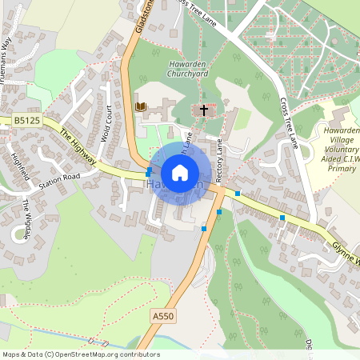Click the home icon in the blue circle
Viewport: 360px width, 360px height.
[180, 173]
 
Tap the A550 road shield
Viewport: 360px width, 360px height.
[162, 317]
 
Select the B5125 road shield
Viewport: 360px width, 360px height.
[26, 120]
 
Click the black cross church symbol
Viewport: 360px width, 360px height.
[204, 110]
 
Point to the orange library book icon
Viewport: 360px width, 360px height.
[142, 106]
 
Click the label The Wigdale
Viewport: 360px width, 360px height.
[26, 218]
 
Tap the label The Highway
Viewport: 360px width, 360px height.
[78, 149]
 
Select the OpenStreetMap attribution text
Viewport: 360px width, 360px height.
[81, 354]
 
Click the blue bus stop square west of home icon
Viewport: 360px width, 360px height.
[149, 173]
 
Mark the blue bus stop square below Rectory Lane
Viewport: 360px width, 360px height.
[219, 212]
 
